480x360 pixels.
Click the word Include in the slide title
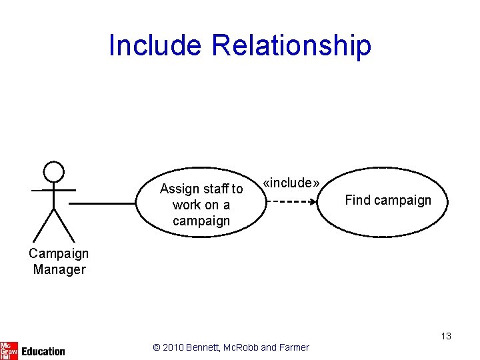point(155,45)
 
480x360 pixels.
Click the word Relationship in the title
point(291,45)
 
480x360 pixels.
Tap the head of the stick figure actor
point(53,171)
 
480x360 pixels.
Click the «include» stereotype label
point(291,183)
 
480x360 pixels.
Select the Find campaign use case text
point(388,200)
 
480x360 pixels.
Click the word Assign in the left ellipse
point(176,189)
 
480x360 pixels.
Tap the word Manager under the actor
point(59,269)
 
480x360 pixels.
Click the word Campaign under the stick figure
point(59,253)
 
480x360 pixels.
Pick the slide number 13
point(446,336)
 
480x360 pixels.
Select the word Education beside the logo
point(43,351)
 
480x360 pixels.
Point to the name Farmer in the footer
point(294,347)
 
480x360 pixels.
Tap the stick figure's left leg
point(43,225)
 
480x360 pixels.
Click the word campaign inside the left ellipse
point(201,221)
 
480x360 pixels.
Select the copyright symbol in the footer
point(157,347)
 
